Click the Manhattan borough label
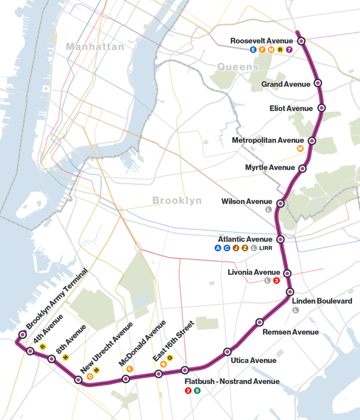point(95,46)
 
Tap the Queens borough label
point(238,67)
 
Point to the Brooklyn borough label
point(177,201)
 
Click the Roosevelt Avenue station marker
point(301,41)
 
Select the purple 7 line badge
point(289,50)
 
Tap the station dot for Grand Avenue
point(318,83)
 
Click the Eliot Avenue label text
point(291,109)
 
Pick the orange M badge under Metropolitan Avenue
point(300,148)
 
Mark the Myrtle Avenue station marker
point(302,168)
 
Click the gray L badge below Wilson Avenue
point(268,209)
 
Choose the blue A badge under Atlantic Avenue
point(218,248)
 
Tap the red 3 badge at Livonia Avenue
point(276,281)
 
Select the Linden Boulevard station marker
point(290,292)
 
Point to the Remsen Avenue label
point(290,332)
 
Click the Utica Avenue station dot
point(227,352)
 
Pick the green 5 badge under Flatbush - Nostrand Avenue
point(197,391)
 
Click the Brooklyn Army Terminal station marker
point(22,334)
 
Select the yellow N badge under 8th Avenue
point(66,357)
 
